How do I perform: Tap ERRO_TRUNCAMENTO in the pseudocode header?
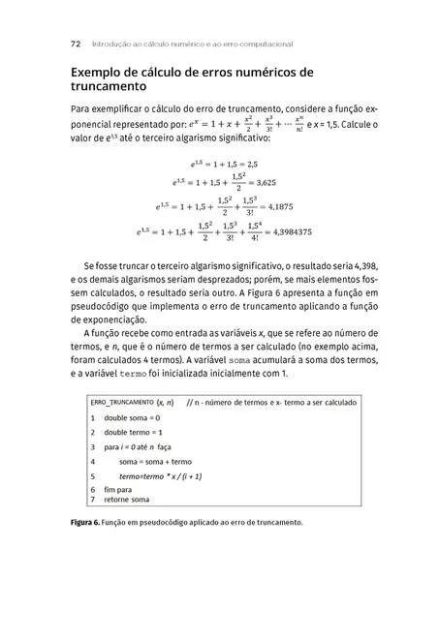coord(122,401)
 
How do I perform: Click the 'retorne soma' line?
coord(128,501)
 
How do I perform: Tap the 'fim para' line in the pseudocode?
coord(119,490)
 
